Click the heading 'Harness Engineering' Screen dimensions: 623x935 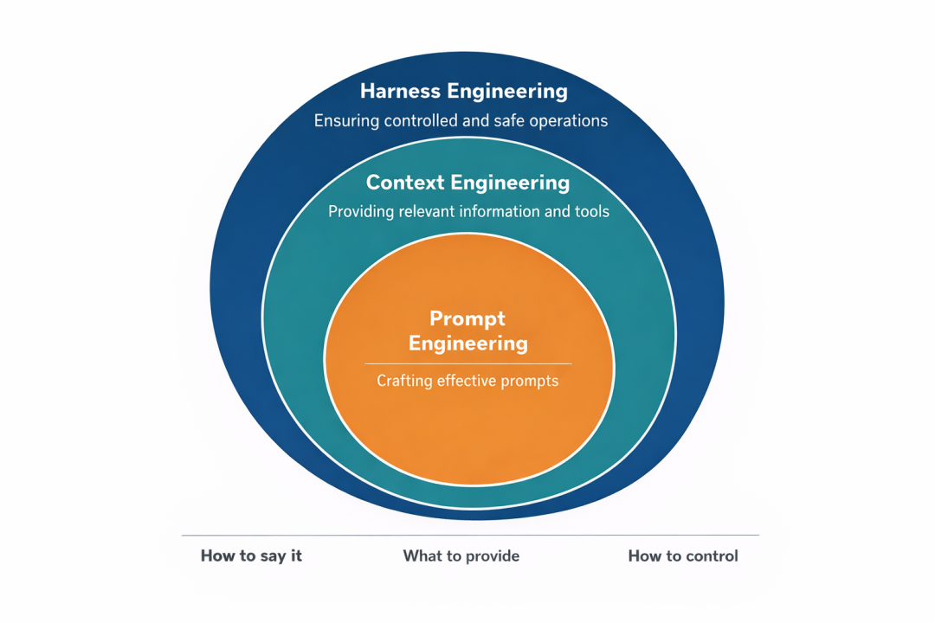(463, 91)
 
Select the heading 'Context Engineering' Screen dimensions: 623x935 (467, 183)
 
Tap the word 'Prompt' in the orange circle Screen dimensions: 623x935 (467, 318)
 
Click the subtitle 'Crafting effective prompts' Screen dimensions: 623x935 (467, 380)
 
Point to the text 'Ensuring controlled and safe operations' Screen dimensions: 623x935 (461, 120)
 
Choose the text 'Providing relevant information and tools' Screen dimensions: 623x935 (468, 211)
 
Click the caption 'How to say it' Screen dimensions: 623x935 (251, 556)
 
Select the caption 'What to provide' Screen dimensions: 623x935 (461, 556)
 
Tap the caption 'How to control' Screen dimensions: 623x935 (683, 556)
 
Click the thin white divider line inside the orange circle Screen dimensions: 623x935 (467, 363)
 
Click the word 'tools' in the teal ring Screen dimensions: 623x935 (591, 211)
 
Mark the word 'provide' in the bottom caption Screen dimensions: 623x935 (491, 556)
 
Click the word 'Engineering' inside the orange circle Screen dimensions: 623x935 (467, 344)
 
